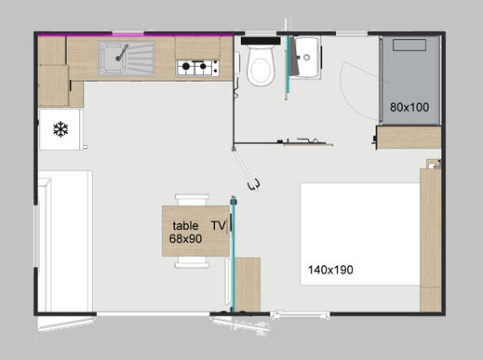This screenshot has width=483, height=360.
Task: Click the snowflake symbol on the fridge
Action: click(60, 129)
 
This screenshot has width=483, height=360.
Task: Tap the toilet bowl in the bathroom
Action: click(261, 66)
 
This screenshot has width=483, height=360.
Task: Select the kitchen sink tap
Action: click(122, 53)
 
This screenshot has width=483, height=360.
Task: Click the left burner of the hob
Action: click(186, 66)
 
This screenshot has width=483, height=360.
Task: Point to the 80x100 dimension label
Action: click(409, 107)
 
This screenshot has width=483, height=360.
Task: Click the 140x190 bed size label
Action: click(330, 270)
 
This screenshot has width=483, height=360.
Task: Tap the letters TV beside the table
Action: click(219, 225)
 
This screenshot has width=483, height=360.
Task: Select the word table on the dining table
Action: click(185, 225)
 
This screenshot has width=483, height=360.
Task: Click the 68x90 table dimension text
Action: click(185, 239)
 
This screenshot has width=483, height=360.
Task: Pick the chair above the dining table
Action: click(192, 199)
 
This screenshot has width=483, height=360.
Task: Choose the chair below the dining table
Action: click(192, 262)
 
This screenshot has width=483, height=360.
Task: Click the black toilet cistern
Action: click(261, 41)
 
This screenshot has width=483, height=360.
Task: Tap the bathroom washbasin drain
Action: click(307, 57)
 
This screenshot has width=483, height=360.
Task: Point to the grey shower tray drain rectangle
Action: click(409, 45)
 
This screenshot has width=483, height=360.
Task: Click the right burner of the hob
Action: click(203, 66)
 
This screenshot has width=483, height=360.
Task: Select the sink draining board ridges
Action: click(141, 59)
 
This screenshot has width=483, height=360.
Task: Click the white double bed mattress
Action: click(360, 234)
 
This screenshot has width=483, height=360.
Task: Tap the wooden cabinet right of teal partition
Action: click(248, 285)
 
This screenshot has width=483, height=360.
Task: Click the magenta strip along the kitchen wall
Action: click(135, 35)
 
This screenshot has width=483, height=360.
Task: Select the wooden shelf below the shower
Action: click(409, 138)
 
